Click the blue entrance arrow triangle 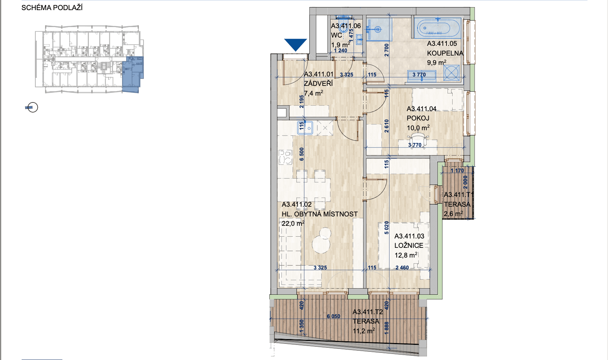(295, 44)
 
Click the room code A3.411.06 (346, 26)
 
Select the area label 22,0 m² (293, 224)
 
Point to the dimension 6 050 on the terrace (334, 316)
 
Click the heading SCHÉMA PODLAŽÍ (52, 8)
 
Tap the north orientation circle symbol (32, 107)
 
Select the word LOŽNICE (409, 246)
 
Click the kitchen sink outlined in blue (305, 128)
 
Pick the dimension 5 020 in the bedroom (387, 228)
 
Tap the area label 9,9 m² (436, 63)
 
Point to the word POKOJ (418, 118)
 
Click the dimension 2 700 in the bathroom (387, 50)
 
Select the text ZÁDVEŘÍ (318, 84)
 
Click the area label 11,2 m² (364, 331)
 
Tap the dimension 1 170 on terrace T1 (457, 171)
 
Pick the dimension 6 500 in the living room (302, 154)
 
